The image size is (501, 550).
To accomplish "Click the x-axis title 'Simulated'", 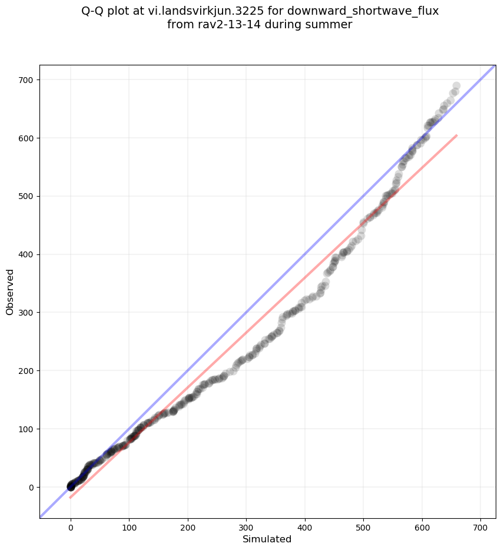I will [267, 539].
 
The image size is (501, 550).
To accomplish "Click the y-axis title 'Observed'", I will [10, 291].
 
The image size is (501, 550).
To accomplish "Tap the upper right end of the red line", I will [457, 135].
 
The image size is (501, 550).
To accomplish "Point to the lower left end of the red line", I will [70, 498].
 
